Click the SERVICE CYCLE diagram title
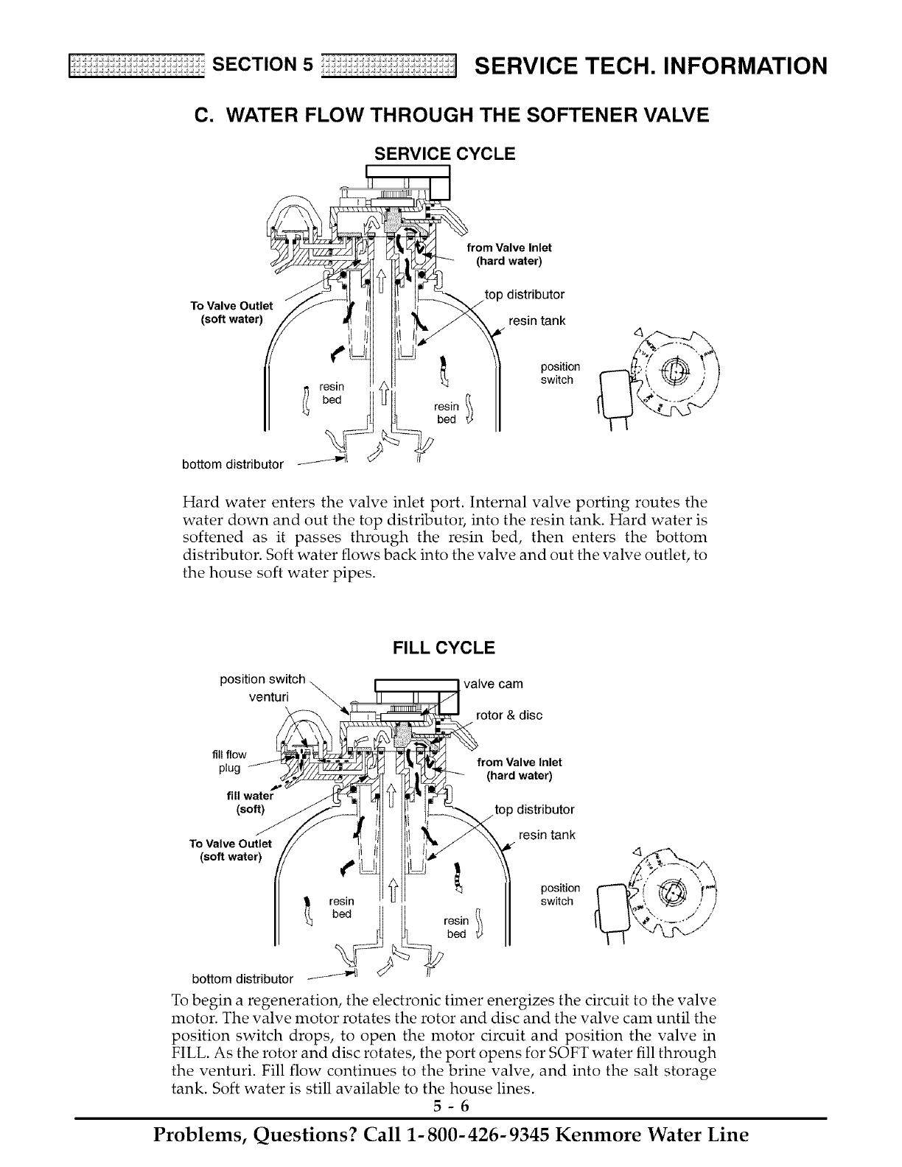pos(444,154)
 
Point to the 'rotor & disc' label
pos(509,715)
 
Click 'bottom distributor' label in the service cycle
pos(233,464)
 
